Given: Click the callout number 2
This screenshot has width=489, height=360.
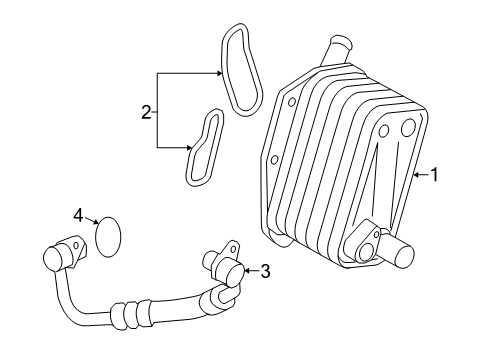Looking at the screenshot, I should click(x=146, y=112).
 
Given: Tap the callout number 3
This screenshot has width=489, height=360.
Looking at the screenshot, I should click(x=266, y=269).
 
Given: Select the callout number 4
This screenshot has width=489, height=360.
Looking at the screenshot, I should click(x=77, y=215).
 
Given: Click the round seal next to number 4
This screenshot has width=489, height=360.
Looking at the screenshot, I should click(x=108, y=235).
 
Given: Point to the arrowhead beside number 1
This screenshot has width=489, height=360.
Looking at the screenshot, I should click(x=414, y=174).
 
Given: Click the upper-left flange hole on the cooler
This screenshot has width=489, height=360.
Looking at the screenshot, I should click(x=290, y=102).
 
